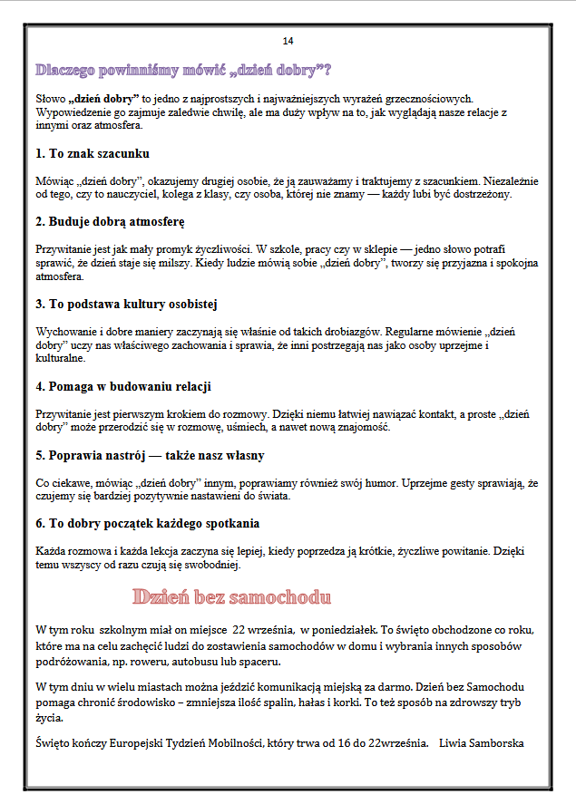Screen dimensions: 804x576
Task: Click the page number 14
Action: pos(288,41)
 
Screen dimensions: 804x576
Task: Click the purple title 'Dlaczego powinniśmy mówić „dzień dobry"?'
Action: pos(182,69)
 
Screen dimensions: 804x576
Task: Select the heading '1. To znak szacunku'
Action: pos(93,153)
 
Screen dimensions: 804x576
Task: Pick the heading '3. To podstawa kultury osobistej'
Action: pos(126,304)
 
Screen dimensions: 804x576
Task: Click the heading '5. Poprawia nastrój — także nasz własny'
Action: pos(150,455)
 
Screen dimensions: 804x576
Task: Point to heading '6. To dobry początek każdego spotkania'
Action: pos(148,523)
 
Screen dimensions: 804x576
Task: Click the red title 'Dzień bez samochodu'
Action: pos(231,597)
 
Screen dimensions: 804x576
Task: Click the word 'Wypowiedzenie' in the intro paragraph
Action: pos(73,111)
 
